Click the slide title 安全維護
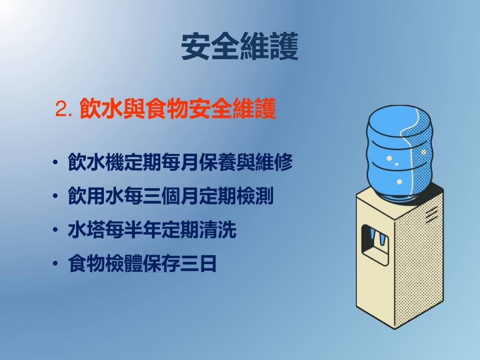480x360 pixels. tap(240, 46)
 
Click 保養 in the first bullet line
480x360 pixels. tap(218, 162)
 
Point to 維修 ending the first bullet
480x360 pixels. tap(274, 162)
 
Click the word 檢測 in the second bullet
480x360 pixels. tap(256, 196)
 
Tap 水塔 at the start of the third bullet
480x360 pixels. tap(87, 229)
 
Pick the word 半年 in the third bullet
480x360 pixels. tap(143, 229)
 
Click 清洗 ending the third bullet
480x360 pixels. tap(218, 229)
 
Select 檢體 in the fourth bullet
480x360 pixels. tap(124, 263)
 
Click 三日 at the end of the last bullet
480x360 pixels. tap(199, 263)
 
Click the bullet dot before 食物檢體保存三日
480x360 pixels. tap(55, 263)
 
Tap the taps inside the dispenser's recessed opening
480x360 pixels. tap(377, 237)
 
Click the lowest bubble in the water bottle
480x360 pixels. tap(399, 182)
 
